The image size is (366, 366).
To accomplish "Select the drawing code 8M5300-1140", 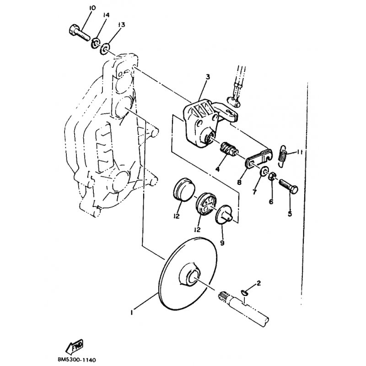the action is (77, 360).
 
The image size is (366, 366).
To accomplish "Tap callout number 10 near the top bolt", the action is (92, 8).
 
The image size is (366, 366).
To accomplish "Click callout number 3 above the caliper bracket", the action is (208, 76).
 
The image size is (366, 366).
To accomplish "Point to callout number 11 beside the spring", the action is (300, 152).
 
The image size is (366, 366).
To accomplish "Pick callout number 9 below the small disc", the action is (222, 243).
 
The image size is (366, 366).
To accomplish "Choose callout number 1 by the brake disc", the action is (132, 312).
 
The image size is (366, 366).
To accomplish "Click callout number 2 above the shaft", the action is (258, 283).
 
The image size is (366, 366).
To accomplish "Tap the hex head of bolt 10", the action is (74, 30).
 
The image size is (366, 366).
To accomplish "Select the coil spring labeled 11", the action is (282, 156).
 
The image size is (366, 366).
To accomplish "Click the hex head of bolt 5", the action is (293, 189).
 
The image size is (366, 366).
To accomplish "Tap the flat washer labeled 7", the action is (264, 172).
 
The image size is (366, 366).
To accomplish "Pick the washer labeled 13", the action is (105, 48).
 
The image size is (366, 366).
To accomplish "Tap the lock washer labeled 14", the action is (95, 43).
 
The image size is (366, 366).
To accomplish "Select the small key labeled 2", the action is (243, 292).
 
